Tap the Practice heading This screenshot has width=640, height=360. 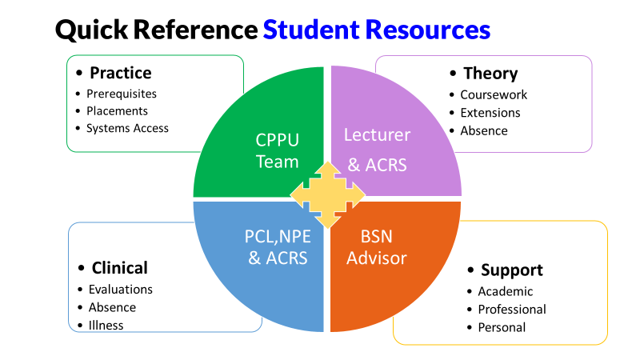point(120,73)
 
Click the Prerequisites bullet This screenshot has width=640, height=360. point(122,94)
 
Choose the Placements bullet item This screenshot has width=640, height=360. point(117,110)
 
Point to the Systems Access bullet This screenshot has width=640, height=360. point(127,127)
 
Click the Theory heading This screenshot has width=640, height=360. point(490,74)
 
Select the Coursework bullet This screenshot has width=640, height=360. point(494,94)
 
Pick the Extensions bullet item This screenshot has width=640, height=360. point(490,113)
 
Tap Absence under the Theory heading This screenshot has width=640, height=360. point(483,130)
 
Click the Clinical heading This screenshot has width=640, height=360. point(119,268)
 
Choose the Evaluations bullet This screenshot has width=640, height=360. point(120,289)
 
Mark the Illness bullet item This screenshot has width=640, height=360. point(106,325)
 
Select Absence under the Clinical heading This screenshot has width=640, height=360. point(112,307)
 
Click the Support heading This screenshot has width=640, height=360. point(511,270)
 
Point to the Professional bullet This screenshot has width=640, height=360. point(512,309)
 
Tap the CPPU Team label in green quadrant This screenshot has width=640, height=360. point(277,150)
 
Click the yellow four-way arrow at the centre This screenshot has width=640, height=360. point(326,194)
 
